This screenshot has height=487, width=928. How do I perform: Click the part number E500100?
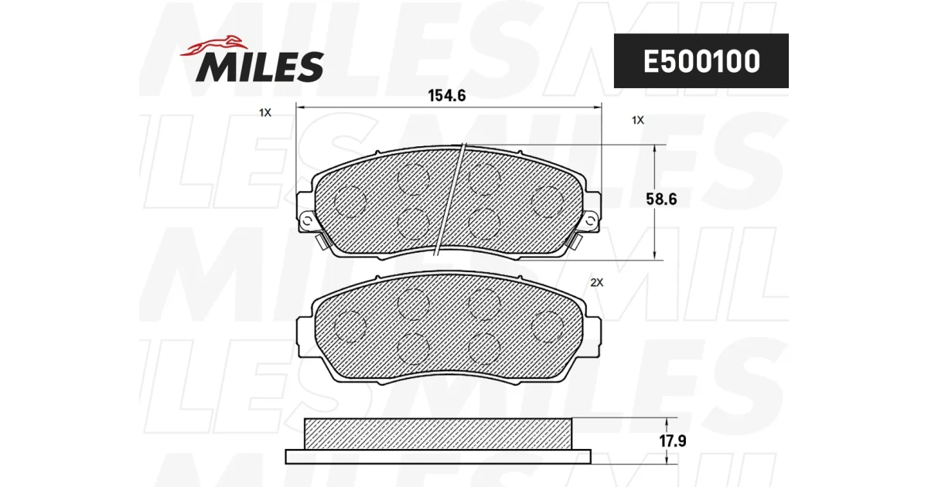701,61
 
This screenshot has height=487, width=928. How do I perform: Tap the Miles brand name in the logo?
260,66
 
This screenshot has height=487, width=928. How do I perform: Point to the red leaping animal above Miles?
213,46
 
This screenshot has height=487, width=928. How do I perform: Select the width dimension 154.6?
447,96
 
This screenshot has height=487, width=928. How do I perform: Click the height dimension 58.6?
661,199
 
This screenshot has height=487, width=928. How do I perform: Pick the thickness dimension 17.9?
673,441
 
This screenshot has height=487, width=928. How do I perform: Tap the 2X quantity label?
596,282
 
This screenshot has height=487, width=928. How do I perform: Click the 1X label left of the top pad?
265,112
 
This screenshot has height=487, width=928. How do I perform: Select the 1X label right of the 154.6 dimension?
637,120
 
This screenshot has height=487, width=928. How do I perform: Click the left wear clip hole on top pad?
307,221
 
